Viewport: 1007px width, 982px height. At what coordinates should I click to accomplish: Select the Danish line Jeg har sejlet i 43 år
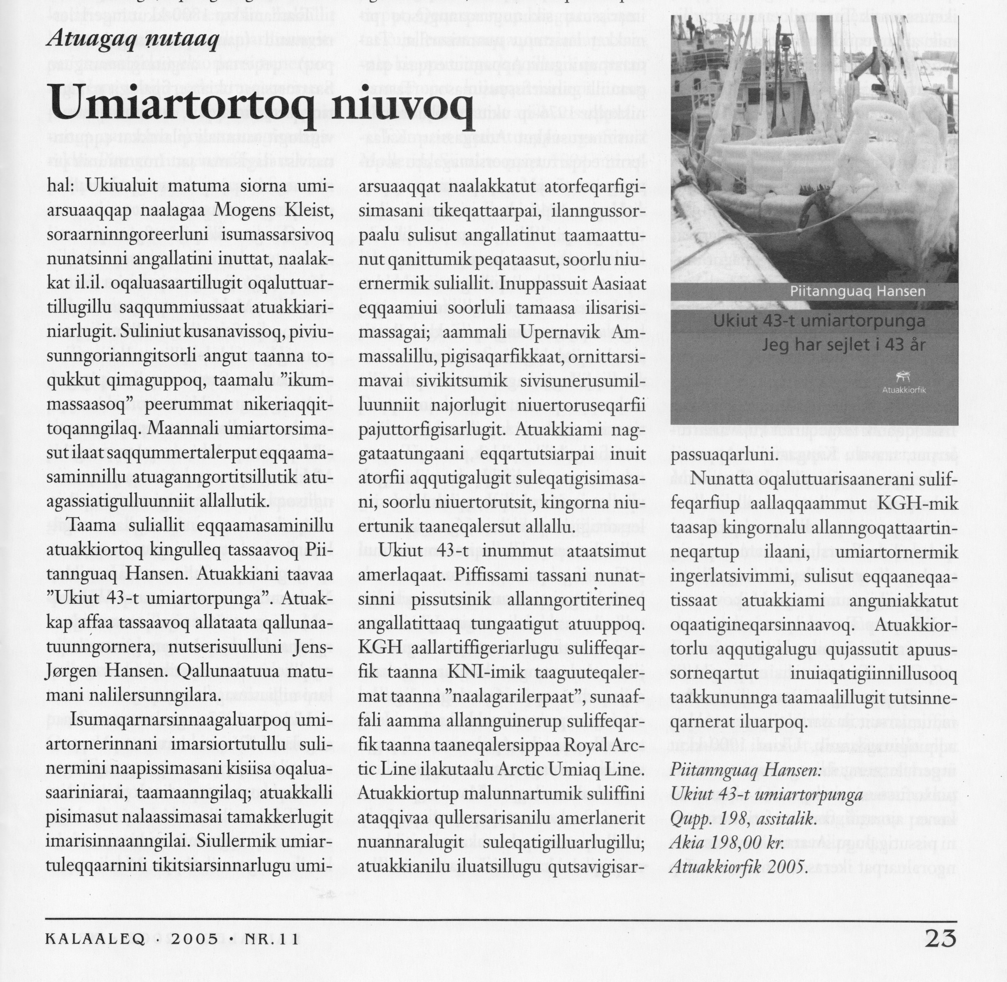(843, 345)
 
